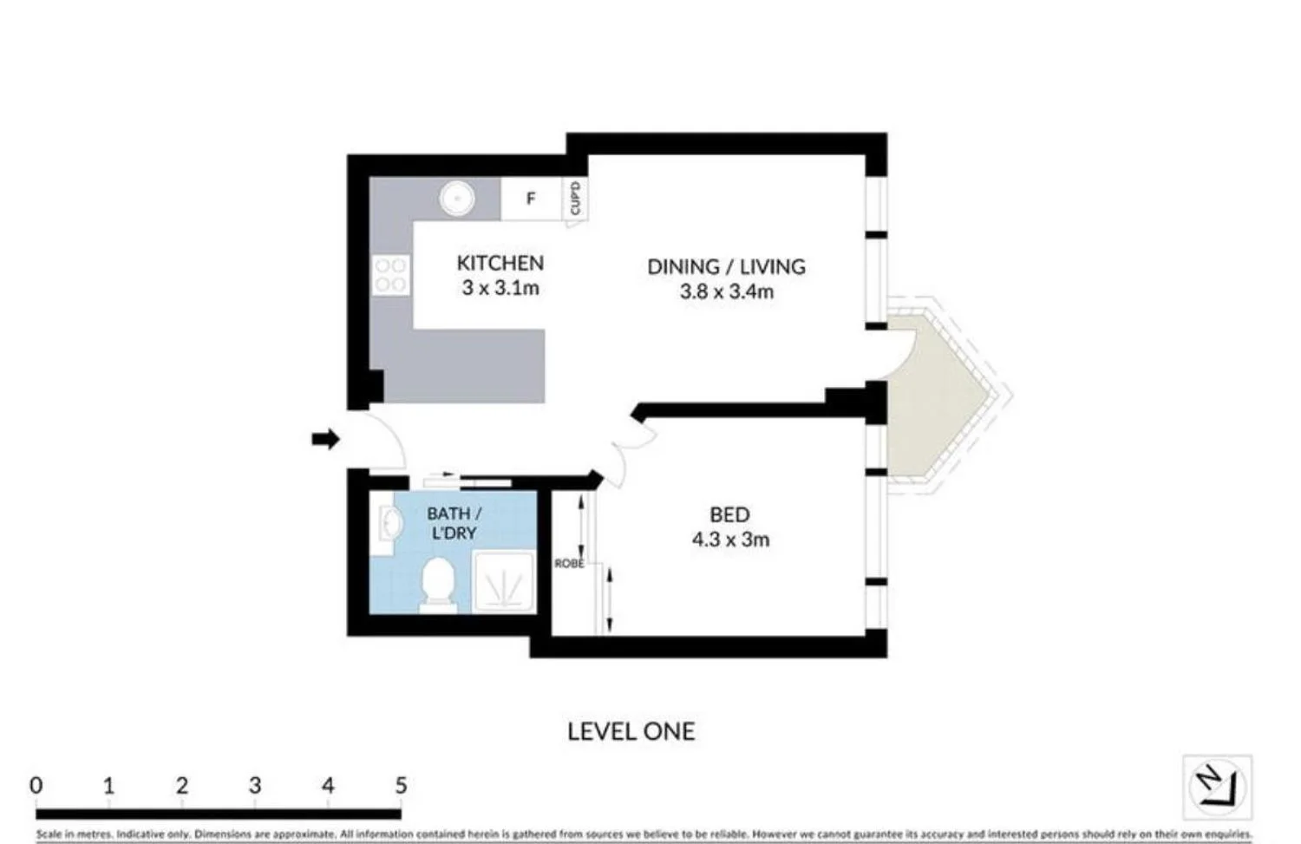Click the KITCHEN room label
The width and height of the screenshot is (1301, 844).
pos(500,263)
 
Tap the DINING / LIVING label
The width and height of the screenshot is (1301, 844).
pos(726,266)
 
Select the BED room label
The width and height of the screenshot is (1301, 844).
pos(729,514)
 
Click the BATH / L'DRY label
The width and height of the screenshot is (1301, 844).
pos(454,523)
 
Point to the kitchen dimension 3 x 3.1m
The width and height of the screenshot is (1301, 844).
pos(500,288)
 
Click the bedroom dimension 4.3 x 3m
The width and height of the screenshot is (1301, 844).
pos(730,540)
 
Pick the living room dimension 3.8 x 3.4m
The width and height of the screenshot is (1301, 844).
pos(726,291)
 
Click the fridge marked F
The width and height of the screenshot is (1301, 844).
pos(531,199)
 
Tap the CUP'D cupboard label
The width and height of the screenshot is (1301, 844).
pos(574,199)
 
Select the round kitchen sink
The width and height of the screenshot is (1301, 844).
pos(456,199)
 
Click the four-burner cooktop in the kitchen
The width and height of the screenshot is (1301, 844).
pos(390,275)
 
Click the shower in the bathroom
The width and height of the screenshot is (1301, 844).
pos(504,583)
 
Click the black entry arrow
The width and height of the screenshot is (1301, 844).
pos(325,439)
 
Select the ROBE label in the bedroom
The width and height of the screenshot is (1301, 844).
pos(569,564)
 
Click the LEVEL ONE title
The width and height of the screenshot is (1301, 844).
pos(631,731)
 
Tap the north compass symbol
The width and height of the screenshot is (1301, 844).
pos(1218,787)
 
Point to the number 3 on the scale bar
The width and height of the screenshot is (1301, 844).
pos(254,785)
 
